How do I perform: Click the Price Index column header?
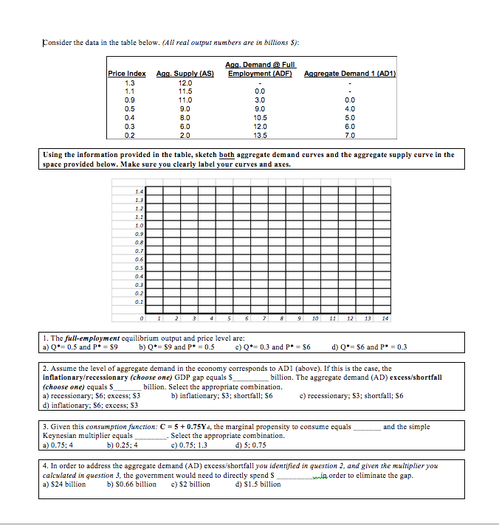[x=126, y=74]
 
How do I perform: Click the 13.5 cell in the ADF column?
[x=260, y=136]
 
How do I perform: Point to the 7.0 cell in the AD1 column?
[x=350, y=136]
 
